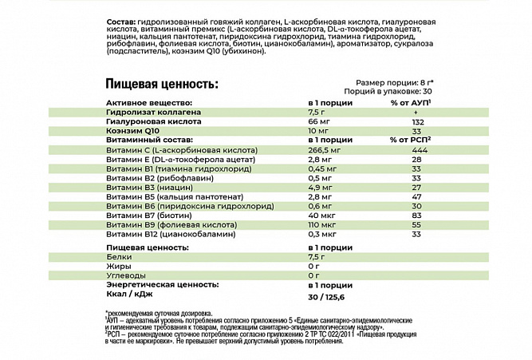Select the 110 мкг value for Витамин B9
pyautogui.click(x=323, y=225)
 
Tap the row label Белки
pyautogui.click(x=119, y=259)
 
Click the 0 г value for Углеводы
pyautogui.click(x=313, y=277)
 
